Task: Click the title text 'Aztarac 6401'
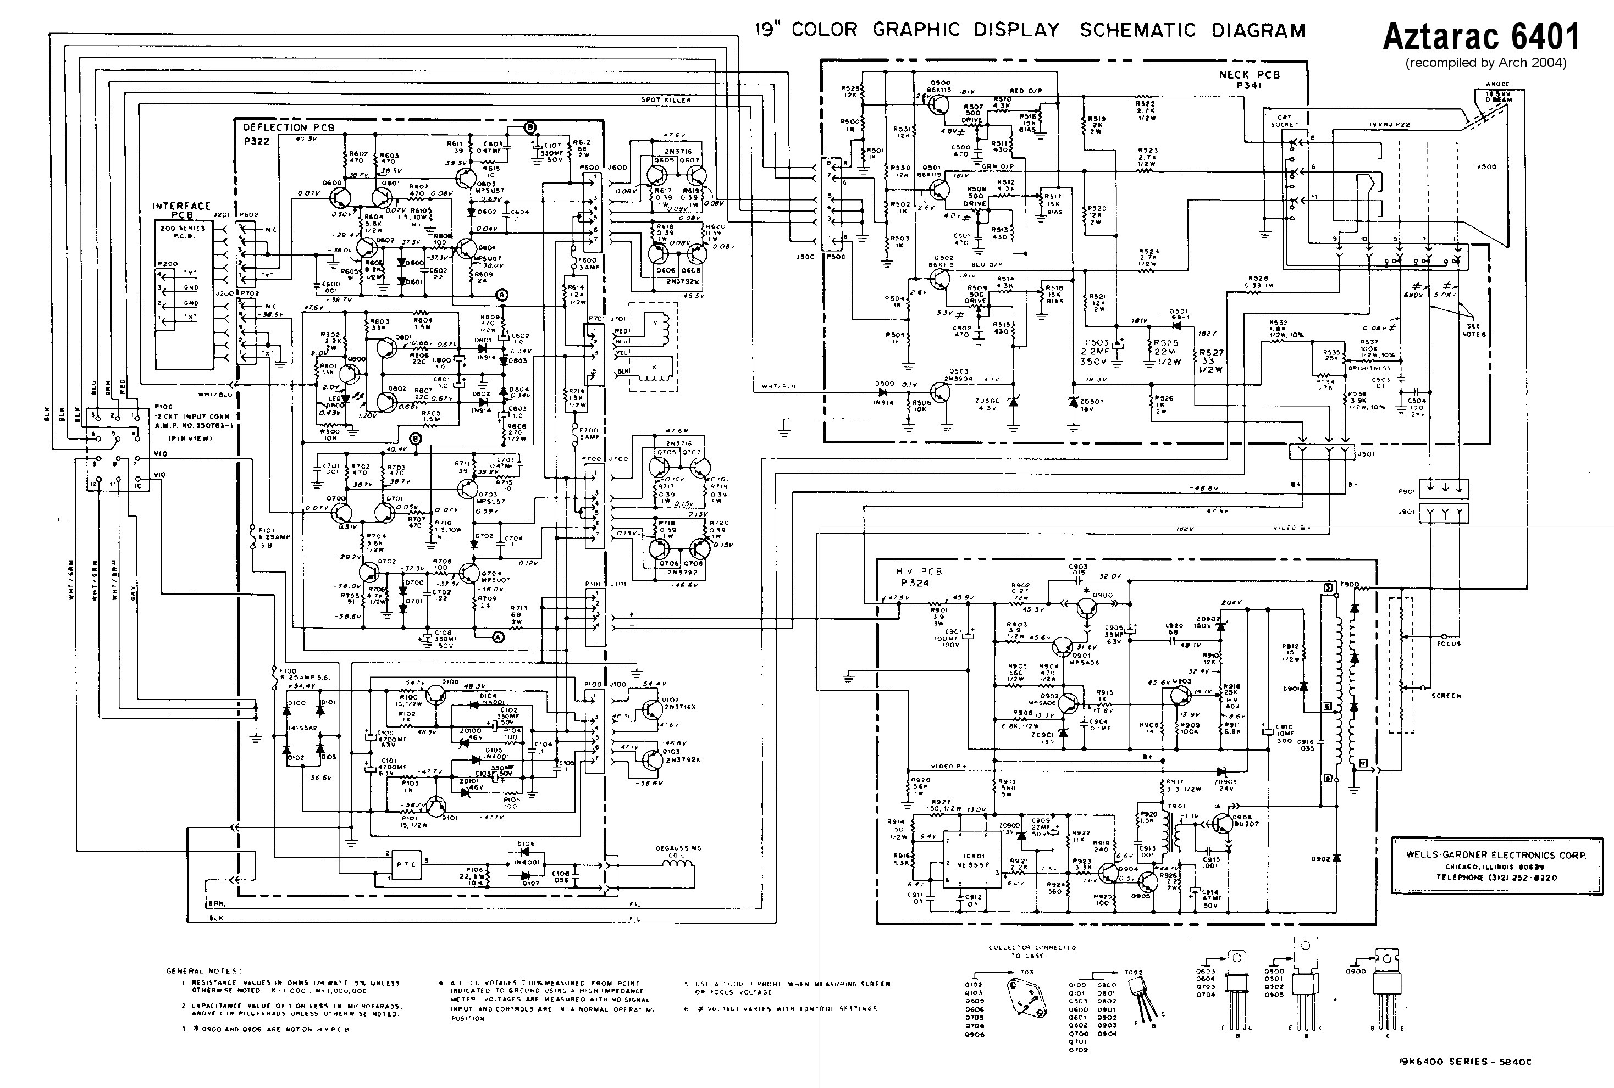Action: [x=1481, y=36]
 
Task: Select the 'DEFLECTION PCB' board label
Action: [x=288, y=127]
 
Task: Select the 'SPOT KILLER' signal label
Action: [x=666, y=100]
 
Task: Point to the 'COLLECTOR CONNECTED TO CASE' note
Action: [x=1032, y=951]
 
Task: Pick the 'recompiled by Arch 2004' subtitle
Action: [x=1485, y=63]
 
